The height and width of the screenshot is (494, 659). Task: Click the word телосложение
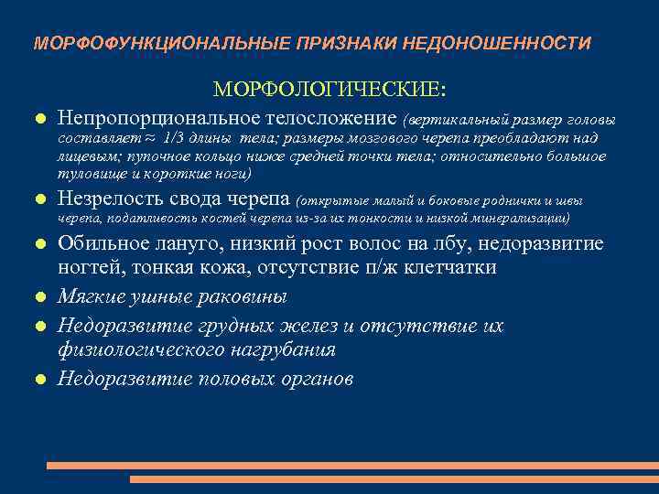pyautogui.click(x=326, y=118)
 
